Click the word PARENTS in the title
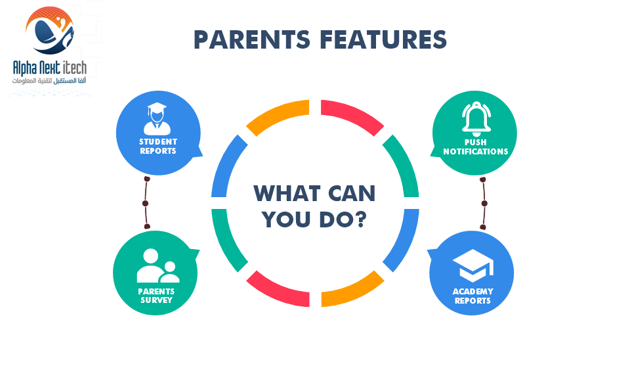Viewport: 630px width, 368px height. click(252, 40)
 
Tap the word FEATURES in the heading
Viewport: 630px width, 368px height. click(383, 40)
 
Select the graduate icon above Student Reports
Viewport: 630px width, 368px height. click(157, 119)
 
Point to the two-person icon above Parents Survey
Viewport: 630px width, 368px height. click(158, 265)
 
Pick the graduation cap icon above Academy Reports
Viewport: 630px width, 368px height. click(473, 265)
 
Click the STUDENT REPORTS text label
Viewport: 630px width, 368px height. click(158, 147)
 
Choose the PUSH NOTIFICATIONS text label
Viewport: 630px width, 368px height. click(476, 147)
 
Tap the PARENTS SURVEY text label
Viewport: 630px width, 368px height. click(156, 296)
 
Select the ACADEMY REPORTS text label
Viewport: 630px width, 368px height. click(473, 296)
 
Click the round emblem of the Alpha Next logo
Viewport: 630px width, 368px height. click(49, 30)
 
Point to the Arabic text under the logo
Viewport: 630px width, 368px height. click(49, 81)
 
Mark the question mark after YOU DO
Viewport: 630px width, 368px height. click(361, 219)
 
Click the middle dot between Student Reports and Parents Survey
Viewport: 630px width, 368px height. click(146, 204)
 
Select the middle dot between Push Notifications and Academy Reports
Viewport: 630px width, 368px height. click(484, 204)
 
